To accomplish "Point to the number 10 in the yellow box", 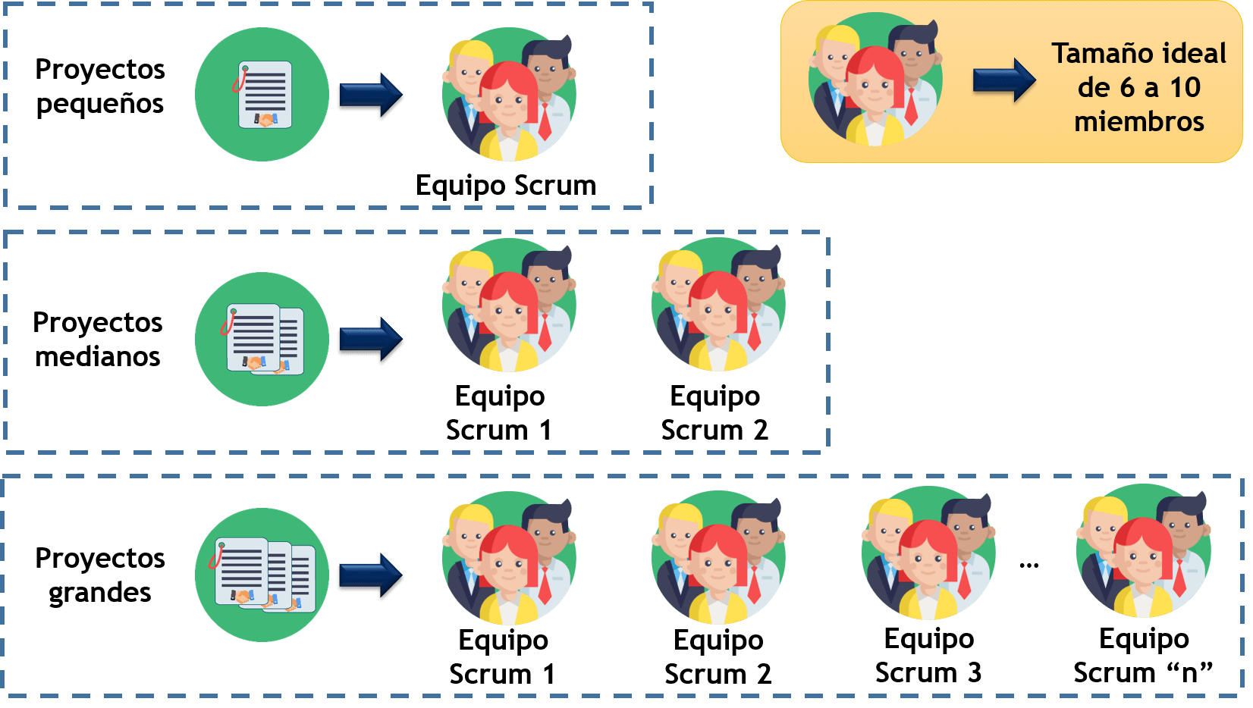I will (x=1185, y=88).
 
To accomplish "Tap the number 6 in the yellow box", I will (x=1127, y=88).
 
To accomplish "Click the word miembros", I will (x=1138, y=121).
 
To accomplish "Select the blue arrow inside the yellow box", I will (x=1004, y=80).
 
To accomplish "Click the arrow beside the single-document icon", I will (x=370, y=96).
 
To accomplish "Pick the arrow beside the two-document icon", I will (x=370, y=340).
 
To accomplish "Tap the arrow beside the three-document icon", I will (x=370, y=577).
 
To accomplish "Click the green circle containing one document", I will (x=262, y=94).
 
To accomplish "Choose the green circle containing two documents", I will (x=262, y=339).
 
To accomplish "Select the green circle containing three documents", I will (x=262, y=575).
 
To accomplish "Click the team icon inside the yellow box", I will (x=875, y=79).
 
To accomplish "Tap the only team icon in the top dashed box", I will (x=509, y=94).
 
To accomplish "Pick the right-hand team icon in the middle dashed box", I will (x=718, y=305).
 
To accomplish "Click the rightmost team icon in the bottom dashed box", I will (x=1143, y=551).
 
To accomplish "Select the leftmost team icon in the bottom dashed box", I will (x=509, y=559).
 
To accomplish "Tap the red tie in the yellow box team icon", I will (x=911, y=106).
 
